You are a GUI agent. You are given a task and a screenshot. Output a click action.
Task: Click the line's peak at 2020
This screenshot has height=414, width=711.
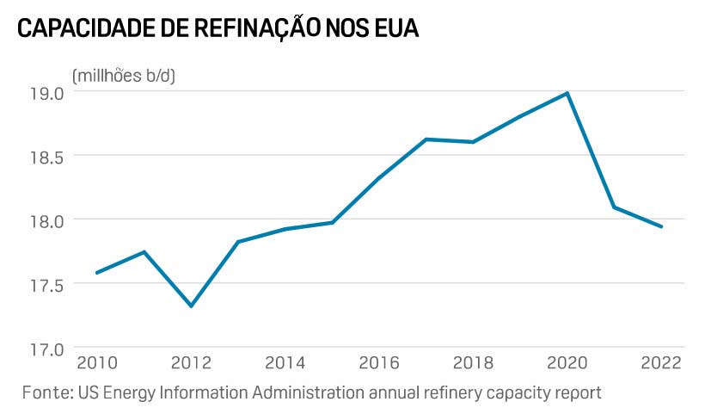coord(567,93)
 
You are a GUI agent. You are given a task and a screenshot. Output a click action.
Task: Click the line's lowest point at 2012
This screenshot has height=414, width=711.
coord(191,306)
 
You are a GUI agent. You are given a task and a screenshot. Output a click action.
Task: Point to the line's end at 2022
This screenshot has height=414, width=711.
coord(661,226)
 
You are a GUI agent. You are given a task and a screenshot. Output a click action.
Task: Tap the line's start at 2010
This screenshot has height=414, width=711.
coord(96,273)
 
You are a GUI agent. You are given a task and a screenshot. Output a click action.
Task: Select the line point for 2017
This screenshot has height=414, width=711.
coord(426,139)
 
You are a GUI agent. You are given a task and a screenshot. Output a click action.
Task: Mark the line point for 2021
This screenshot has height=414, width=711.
coord(614,207)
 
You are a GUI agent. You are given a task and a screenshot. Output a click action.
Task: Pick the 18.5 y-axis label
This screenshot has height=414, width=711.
coord(46,157)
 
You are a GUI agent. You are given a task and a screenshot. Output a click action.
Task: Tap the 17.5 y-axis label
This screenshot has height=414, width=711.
coord(46,283)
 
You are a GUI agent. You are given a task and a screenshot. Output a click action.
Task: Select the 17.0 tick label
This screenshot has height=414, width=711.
coord(46,349)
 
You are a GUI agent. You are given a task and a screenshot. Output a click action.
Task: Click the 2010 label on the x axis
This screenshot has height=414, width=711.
coord(96,362)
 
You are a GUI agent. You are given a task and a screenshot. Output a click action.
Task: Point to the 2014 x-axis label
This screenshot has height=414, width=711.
coord(285,362)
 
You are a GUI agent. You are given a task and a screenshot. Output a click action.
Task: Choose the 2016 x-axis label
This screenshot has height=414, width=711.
coord(379,362)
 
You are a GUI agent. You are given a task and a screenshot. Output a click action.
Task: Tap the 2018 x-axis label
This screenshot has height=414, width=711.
coord(474,362)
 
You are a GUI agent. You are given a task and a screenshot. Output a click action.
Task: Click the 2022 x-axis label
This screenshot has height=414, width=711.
coord(661,362)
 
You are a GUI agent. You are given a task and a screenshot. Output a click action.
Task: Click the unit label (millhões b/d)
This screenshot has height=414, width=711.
coord(124,75)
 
